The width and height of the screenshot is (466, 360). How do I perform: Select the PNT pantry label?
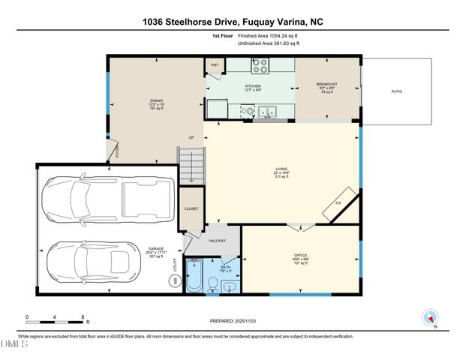pyautogui.click(x=215, y=66)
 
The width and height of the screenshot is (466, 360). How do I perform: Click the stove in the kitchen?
pyautogui.click(x=260, y=67)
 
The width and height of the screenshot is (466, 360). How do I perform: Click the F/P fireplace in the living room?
pyautogui.click(x=337, y=205)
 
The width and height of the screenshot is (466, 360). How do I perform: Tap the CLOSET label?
pyautogui.click(x=191, y=208)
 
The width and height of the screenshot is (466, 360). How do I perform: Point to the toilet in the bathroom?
pyautogui.click(x=213, y=284)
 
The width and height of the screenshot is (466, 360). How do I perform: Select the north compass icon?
pyautogui.click(x=429, y=316)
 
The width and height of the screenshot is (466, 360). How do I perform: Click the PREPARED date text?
pyautogui.click(x=233, y=320)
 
